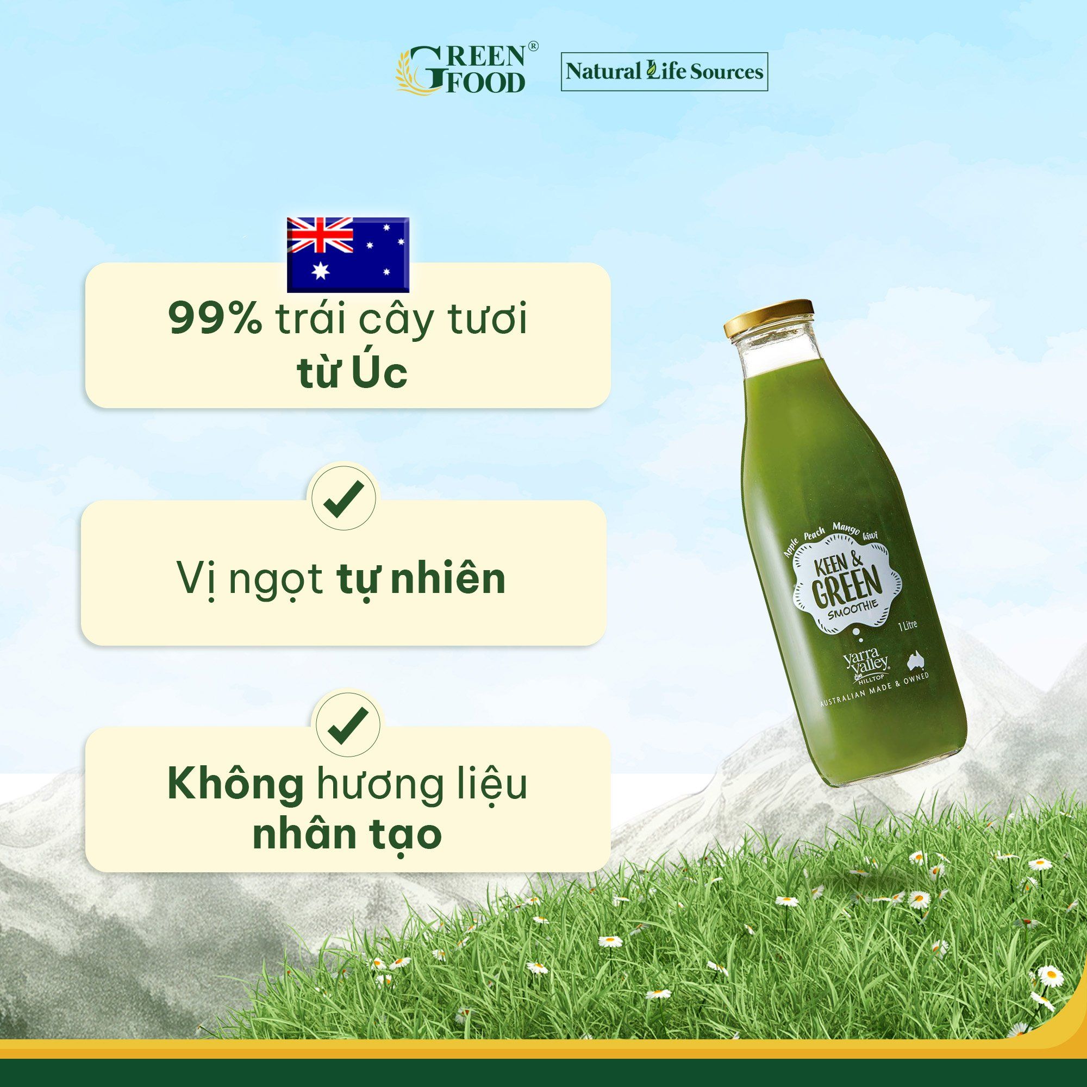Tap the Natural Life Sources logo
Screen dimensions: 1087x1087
tap(664, 71)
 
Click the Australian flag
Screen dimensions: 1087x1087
tap(348, 254)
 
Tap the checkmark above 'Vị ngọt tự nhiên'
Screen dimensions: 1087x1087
tap(345, 497)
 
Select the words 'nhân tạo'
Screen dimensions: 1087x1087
tap(347, 835)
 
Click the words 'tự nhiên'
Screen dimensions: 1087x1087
tap(421, 579)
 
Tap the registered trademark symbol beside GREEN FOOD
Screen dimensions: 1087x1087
tap(533, 46)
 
